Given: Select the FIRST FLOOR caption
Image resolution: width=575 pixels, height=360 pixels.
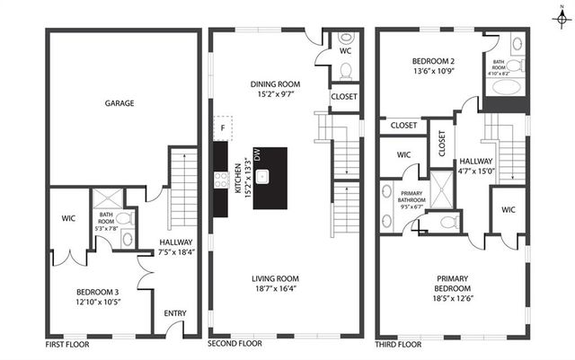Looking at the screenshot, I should coord(67,344).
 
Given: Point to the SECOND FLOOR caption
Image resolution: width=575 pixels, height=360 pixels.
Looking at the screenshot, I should coord(235,344).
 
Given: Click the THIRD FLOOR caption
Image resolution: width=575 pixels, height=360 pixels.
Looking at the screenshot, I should coord(399,344).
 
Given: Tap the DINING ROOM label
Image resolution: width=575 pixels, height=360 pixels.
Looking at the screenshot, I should coord(275,84).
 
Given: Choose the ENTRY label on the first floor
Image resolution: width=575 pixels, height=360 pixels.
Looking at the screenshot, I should coord(176,313).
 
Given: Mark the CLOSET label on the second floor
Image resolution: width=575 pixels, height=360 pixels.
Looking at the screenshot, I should coord(344,96).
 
